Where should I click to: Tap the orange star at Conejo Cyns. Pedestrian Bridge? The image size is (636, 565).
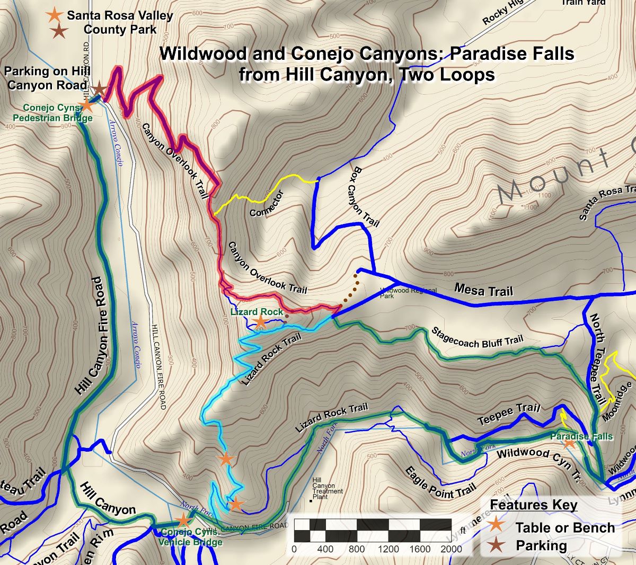[86, 105]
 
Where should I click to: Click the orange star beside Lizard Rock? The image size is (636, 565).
[260, 321]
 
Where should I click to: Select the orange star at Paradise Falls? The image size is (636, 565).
[569, 443]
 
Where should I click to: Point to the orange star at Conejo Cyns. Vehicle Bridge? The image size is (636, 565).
[182, 521]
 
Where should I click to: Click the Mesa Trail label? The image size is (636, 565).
[483, 290]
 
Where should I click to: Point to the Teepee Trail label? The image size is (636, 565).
[509, 414]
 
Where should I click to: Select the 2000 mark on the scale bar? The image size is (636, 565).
[451, 549]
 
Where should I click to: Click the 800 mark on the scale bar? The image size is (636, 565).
[356, 549]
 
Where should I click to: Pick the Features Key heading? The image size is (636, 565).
[533, 505]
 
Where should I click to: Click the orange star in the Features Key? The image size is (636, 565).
[496, 525]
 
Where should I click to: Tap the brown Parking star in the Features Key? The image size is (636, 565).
[496, 544]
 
